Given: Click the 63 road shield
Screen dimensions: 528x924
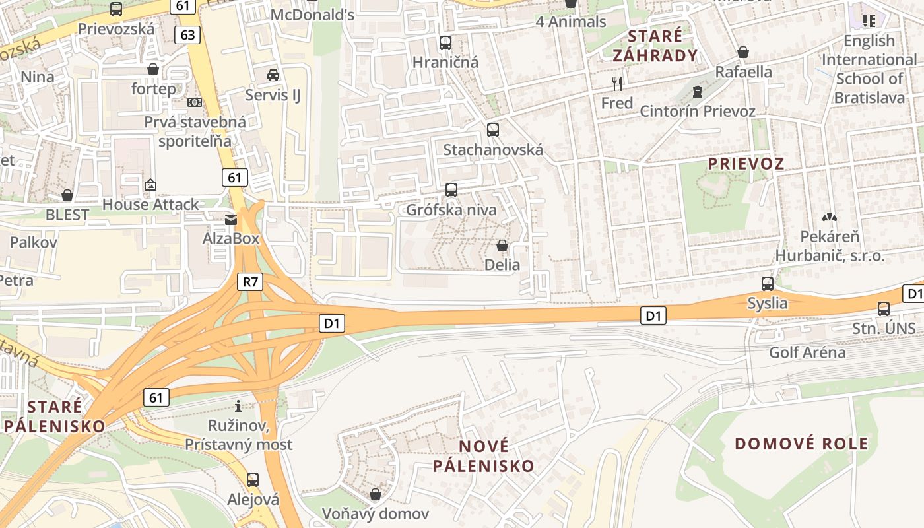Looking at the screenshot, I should [187, 35].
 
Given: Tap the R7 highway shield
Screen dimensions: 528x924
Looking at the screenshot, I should [250, 282].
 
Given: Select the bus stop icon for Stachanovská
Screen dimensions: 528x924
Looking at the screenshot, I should [492, 129].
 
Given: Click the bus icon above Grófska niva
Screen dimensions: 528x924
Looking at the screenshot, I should [451, 190].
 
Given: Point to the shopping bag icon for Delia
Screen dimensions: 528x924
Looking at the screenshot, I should [502, 246].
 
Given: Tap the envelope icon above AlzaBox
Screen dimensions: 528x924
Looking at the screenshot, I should [231, 219].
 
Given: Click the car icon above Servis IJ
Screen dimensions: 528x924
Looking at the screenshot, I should [273, 75].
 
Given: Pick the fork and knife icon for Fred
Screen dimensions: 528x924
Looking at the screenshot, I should [617, 83].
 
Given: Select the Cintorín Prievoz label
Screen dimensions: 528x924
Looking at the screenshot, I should [698, 111].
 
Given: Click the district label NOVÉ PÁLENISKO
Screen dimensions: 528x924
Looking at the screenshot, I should [484, 456].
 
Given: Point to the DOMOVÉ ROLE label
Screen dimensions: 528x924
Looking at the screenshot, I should [801, 444].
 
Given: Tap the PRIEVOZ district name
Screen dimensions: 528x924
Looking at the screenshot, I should [746, 164].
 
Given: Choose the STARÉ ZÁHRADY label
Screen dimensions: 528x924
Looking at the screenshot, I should [655, 46].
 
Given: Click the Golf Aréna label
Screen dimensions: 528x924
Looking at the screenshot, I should [807, 352].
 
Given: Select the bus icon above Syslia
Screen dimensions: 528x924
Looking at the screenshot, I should [768, 284].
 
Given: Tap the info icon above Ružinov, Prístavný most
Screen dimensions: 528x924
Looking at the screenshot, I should [238, 406].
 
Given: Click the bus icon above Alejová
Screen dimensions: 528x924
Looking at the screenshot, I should [253, 480].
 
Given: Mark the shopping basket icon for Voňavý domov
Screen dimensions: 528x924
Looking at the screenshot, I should [376, 494].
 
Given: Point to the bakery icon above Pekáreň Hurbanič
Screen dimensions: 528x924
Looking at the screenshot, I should [830, 216].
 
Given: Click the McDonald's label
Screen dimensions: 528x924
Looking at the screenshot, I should [313, 15].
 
